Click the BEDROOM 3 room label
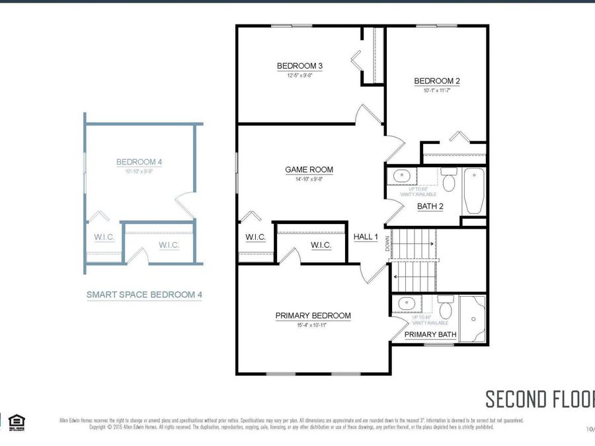click(x=299, y=66)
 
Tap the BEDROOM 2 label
click(x=437, y=81)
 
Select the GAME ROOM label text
click(x=309, y=170)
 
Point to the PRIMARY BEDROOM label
click(x=313, y=316)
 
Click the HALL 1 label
click(x=366, y=237)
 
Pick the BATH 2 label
click(x=430, y=206)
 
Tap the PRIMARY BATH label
click(x=430, y=334)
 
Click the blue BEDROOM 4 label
click(x=139, y=162)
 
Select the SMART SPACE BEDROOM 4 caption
click(x=144, y=295)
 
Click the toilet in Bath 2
click(x=449, y=181)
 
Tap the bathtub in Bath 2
click(x=473, y=192)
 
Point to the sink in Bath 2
click(x=402, y=177)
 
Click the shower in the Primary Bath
click(x=472, y=320)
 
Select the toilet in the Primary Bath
click(x=446, y=308)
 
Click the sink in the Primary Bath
click(x=403, y=304)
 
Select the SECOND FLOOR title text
click(x=539, y=399)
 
